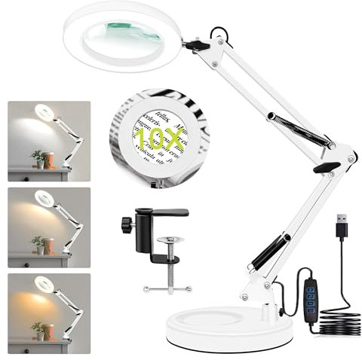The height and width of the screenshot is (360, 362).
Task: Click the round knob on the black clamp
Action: [x=125, y=224]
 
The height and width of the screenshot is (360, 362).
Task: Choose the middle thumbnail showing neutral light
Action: [x=49, y=227]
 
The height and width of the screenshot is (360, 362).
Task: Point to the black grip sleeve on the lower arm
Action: [x=268, y=252]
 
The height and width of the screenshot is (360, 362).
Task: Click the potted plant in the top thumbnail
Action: [x=37, y=159]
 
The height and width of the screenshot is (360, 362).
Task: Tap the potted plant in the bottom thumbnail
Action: [x=37, y=329]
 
